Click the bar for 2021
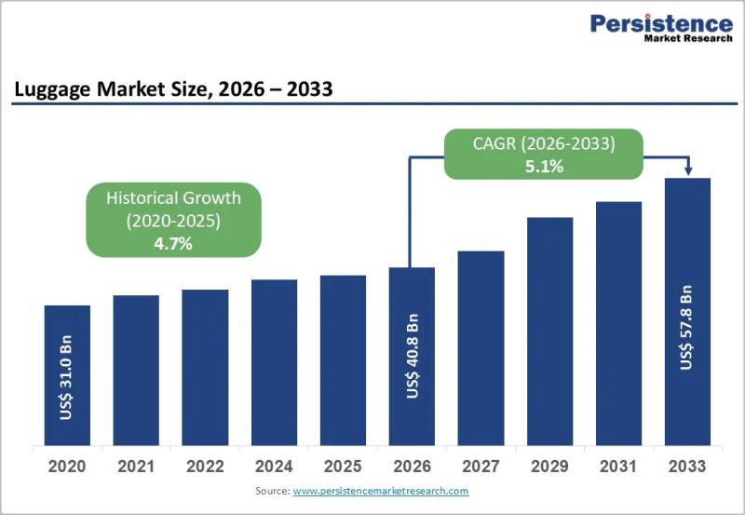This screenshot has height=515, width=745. point(136,370)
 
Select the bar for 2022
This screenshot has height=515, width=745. point(205,367)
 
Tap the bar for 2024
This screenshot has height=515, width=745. point(274,362)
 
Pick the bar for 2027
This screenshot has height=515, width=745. point(481,348)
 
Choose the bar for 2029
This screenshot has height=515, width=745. point(549,332)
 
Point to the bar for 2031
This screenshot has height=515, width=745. point(618,323)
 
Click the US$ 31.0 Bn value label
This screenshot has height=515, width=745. point(66,378)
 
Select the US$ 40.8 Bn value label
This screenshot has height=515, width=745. point(413,356)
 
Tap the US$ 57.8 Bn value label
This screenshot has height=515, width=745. point(686,327)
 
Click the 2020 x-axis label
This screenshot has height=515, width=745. point(67,466)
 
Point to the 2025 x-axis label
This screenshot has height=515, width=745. point(343,466)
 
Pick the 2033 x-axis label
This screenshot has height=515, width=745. point(687,466)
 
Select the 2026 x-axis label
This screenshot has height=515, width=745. point(412,466)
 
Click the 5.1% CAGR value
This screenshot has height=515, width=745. point(544,167)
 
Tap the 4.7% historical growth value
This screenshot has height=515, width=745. point(173,244)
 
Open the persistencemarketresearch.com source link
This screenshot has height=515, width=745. point(381,491)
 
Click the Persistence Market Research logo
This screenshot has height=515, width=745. point(661,28)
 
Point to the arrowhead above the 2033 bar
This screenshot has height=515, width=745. point(688,170)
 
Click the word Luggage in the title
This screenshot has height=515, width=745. point(52,89)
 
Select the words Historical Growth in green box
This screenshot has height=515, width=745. point(173,197)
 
